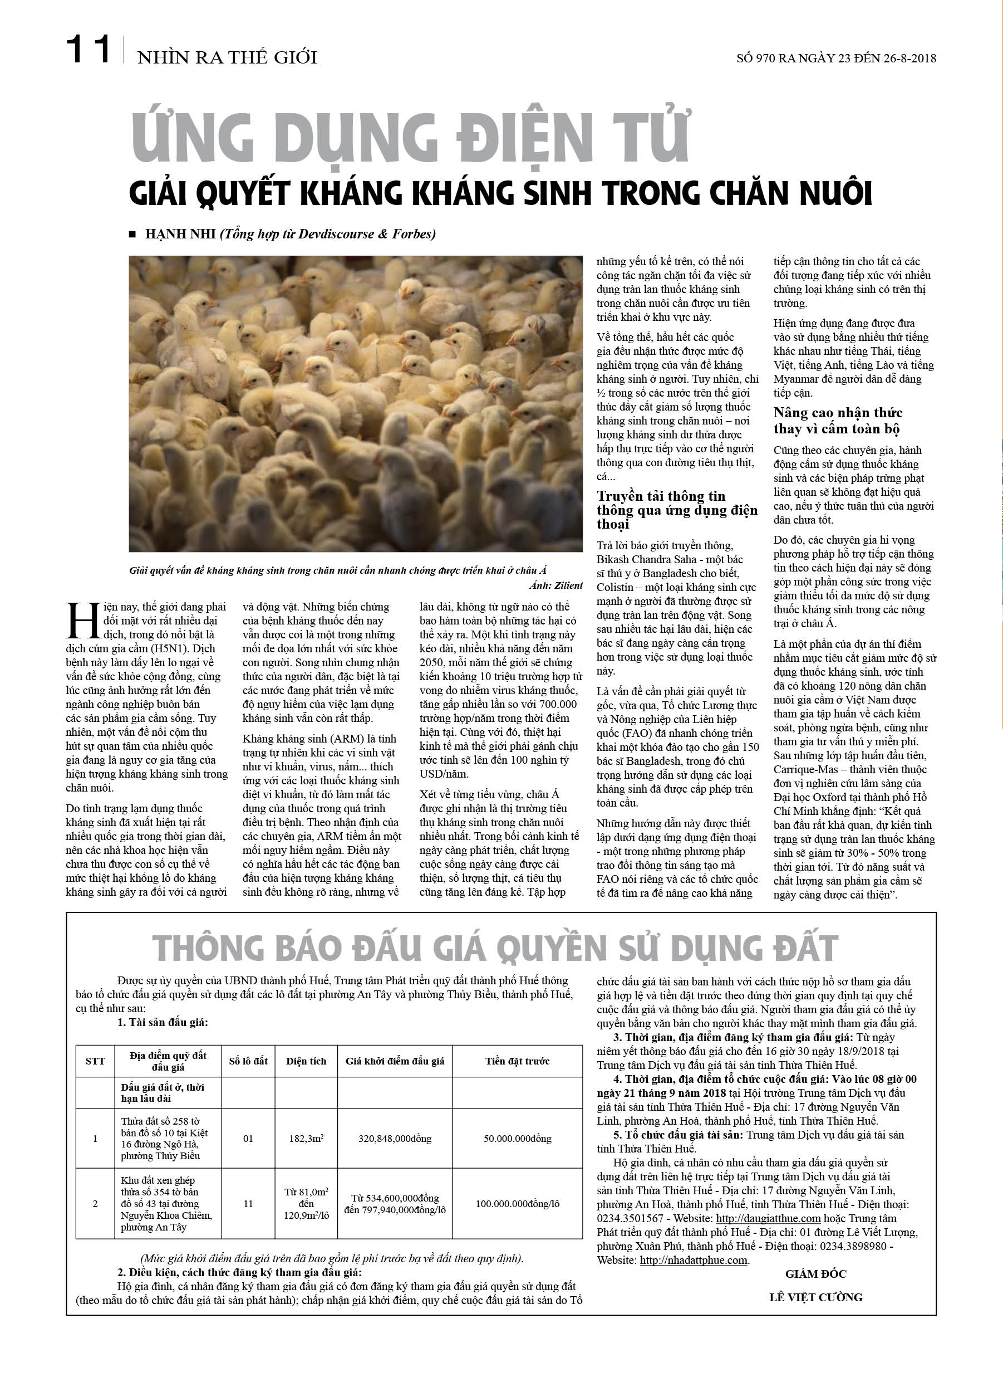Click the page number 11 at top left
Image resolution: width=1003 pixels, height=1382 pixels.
click(88, 50)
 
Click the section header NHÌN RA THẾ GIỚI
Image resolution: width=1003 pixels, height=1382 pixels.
click(227, 58)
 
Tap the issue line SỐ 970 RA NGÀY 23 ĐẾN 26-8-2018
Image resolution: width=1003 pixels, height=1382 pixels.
click(836, 58)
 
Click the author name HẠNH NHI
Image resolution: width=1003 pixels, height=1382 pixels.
click(180, 234)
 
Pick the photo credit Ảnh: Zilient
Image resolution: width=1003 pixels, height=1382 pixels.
click(555, 585)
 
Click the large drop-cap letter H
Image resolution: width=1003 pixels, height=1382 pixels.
click(83, 622)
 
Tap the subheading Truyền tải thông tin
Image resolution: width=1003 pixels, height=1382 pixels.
click(661, 496)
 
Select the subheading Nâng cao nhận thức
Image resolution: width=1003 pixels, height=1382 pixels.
click(838, 413)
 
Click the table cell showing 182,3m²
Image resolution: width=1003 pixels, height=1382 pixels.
click(306, 1138)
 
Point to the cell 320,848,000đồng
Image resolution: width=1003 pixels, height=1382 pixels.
click(395, 1138)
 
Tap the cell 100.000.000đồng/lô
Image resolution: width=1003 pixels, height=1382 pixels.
click(517, 1203)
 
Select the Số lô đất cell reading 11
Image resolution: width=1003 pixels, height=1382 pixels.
click(248, 1203)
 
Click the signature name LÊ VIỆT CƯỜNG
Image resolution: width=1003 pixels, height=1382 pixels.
click(815, 1297)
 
